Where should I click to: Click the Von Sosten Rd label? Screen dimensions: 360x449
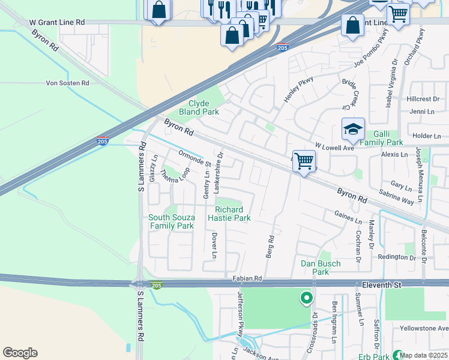[x=67, y=83]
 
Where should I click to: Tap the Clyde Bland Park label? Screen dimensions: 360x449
[x=200, y=107]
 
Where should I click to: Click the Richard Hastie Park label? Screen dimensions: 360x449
[x=229, y=214]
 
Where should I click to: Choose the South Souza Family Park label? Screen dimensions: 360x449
[x=171, y=221]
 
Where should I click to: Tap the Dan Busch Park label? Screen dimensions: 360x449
[x=321, y=268]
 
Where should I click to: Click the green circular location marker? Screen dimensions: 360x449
[x=306, y=297]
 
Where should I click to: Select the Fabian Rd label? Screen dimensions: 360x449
[x=247, y=279]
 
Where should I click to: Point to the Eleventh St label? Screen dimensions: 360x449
[x=377, y=285]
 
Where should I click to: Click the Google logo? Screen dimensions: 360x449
[x=20, y=353]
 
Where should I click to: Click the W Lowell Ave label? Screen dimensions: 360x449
[x=336, y=146]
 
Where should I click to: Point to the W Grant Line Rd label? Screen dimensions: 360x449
[x=57, y=22]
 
